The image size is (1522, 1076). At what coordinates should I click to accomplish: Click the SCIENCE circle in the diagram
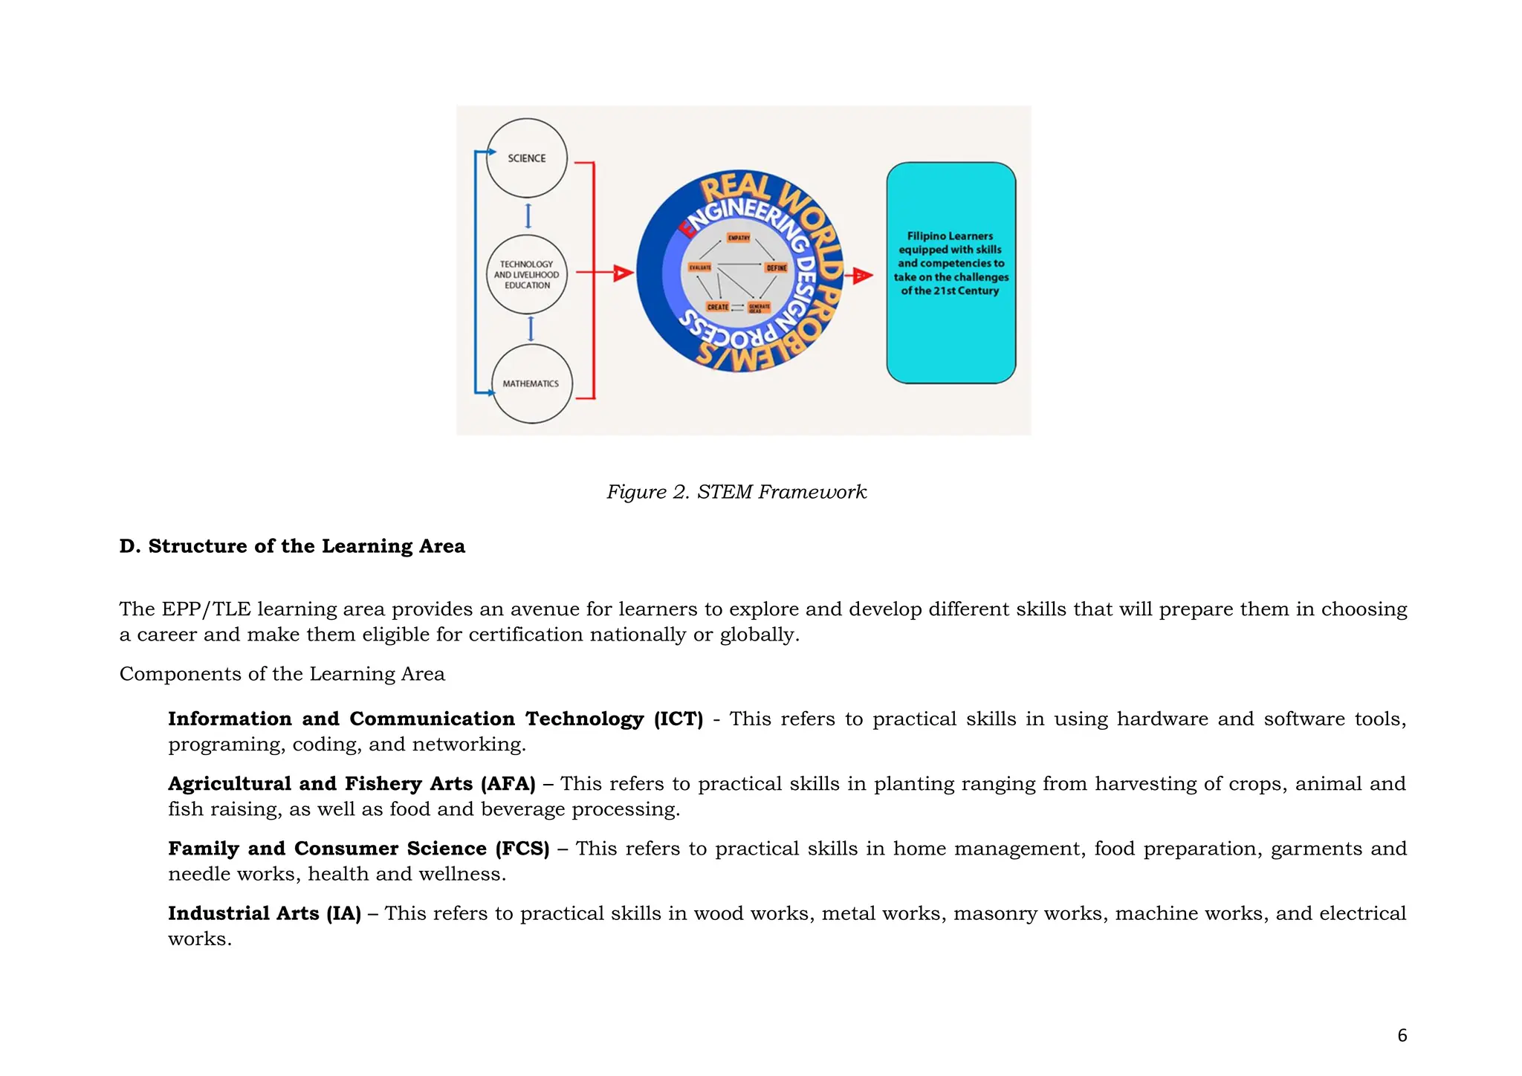click(x=526, y=158)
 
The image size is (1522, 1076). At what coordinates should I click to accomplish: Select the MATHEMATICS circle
click(x=531, y=383)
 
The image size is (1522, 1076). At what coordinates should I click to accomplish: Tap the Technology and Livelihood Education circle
click(x=526, y=274)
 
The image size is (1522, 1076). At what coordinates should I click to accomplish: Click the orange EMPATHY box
click(x=739, y=238)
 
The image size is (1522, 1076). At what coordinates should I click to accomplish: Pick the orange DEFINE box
click(x=776, y=268)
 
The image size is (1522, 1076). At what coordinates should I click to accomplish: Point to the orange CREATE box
click(x=717, y=307)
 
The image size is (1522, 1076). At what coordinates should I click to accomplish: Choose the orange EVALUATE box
click(x=699, y=268)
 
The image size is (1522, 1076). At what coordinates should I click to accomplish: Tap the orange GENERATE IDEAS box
click(x=759, y=308)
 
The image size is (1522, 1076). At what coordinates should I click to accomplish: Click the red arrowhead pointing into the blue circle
click(x=623, y=273)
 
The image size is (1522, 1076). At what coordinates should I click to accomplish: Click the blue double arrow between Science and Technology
click(x=528, y=216)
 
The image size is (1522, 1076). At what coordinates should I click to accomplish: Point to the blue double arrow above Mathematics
click(x=531, y=328)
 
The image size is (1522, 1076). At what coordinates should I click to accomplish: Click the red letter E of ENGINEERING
click(x=690, y=228)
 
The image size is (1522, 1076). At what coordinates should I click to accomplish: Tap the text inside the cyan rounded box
click(x=951, y=263)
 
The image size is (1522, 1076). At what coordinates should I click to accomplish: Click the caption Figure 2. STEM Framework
click(x=736, y=492)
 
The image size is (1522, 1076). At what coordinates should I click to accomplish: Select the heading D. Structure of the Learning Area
click(x=292, y=546)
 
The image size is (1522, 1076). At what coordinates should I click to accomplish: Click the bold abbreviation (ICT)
click(x=678, y=719)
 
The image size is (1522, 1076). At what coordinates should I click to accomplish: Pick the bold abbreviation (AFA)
click(x=508, y=784)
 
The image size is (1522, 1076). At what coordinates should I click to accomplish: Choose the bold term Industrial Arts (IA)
click(x=265, y=913)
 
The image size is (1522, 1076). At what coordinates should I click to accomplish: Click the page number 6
click(x=1402, y=1035)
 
